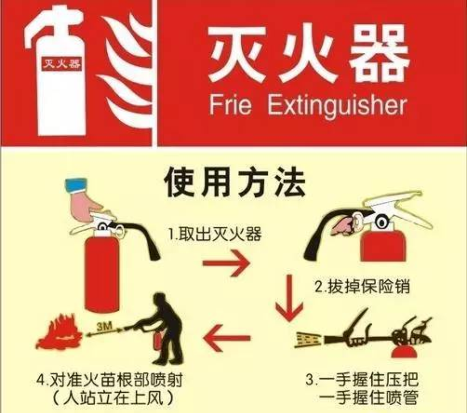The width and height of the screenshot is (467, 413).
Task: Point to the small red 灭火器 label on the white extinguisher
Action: coord(61,63)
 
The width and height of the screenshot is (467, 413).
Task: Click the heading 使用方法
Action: coord(235,182)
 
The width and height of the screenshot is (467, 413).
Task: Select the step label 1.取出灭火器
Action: coord(215,233)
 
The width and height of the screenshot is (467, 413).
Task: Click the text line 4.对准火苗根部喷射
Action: coord(109,380)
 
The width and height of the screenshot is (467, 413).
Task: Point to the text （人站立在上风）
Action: coord(113,398)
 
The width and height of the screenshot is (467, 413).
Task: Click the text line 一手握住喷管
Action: coord(369,397)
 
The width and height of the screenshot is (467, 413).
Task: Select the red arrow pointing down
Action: coord(289,298)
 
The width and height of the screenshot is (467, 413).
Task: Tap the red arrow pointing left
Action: coord(226,338)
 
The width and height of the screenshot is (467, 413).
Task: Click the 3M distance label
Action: coord(105,326)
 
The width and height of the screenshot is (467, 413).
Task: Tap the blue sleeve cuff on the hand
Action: coord(76,185)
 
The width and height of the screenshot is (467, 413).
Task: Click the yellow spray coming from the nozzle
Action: coord(308,340)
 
